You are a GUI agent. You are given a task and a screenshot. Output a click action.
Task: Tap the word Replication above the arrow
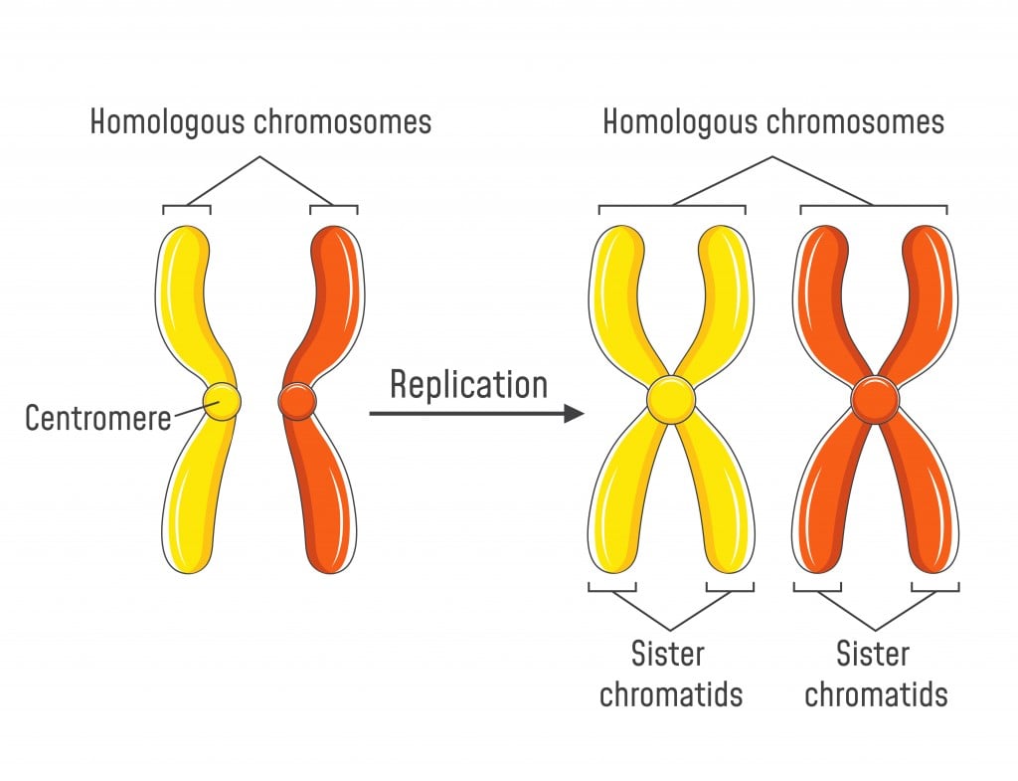[x=468, y=384]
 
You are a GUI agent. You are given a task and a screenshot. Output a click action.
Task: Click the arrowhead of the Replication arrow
[x=573, y=413]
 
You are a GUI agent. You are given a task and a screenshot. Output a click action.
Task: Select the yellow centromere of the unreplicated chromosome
[x=222, y=401]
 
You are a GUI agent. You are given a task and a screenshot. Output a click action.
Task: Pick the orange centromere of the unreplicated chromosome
[x=297, y=401]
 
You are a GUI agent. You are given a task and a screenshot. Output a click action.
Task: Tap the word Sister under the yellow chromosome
[x=668, y=654]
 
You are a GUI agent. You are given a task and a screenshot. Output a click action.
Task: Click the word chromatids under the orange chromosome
[x=876, y=693]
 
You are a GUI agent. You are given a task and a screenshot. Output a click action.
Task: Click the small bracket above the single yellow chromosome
[x=187, y=208]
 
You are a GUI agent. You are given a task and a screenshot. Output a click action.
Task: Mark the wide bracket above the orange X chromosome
[x=874, y=207]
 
